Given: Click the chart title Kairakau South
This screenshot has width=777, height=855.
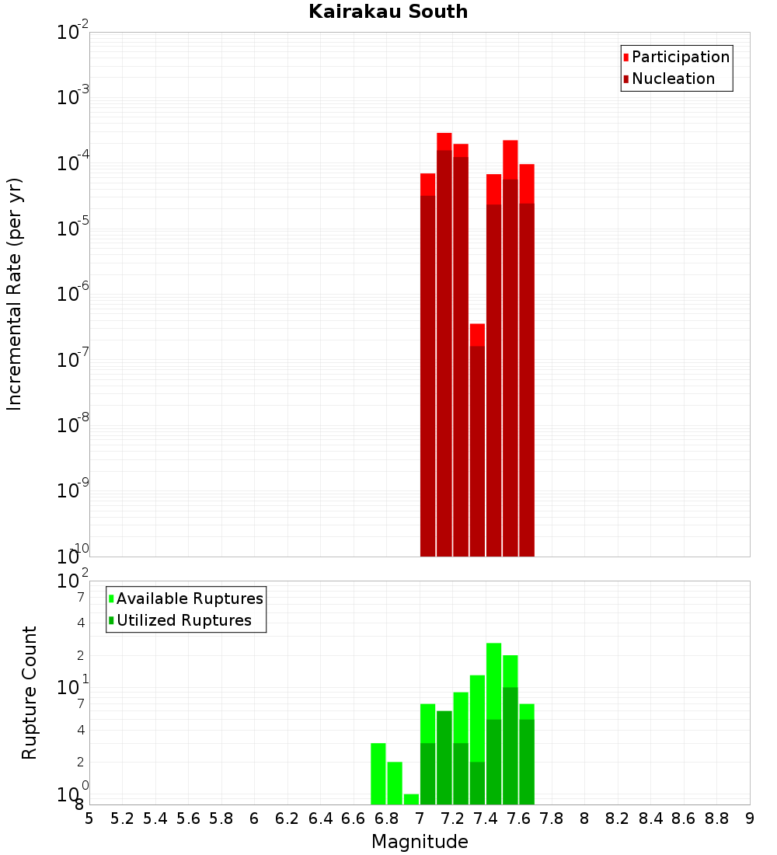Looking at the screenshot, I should point(388,12).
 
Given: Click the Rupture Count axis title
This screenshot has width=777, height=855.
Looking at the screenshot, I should point(30,692).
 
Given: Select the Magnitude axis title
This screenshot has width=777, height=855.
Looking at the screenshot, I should point(420,842).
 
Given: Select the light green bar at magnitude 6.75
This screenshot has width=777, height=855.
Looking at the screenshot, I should point(378,773).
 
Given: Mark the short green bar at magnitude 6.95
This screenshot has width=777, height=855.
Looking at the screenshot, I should point(411,799).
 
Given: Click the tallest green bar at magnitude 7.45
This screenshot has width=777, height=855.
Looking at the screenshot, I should point(493,723).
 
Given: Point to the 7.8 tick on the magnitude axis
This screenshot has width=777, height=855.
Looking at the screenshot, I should point(552,818).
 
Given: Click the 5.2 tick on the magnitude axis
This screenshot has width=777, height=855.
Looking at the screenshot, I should point(122,818).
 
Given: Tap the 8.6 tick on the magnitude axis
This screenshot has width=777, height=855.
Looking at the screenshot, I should point(684,818).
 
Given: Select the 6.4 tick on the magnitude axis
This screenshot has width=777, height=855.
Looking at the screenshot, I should point(320,818).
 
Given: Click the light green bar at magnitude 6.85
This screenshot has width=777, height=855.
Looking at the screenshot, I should point(395,783).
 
